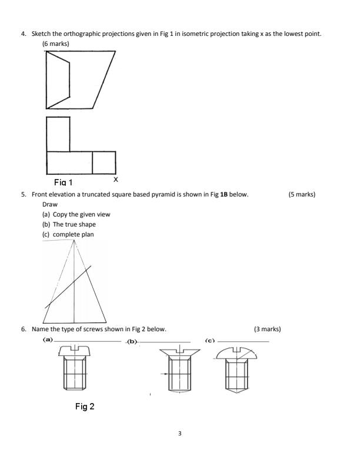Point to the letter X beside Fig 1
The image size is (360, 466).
(x=115, y=179)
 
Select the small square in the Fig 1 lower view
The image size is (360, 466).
(x=104, y=162)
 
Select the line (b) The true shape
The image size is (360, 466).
(x=74, y=224)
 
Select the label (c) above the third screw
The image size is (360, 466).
(x=210, y=340)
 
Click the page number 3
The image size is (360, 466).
(x=180, y=434)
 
